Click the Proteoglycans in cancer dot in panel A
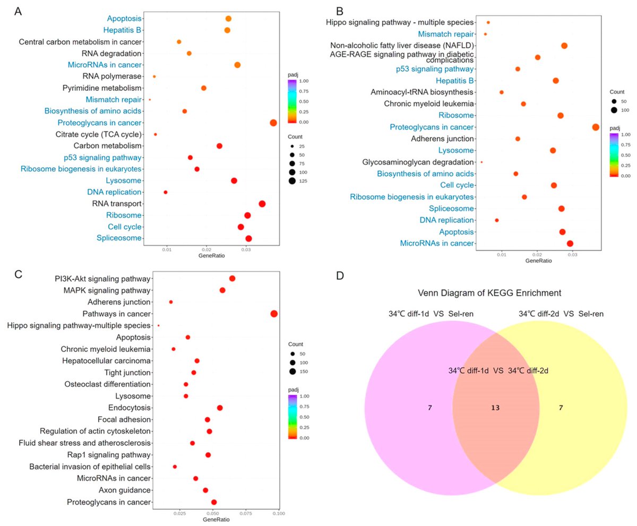[273, 123]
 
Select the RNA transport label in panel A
[116, 204]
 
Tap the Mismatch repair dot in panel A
[150, 100]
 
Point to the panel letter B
[340, 11]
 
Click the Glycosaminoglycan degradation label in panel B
[418, 162]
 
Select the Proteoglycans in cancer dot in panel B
[596, 127]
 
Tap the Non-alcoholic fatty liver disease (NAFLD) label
[402, 45]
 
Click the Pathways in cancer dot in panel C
[274, 314]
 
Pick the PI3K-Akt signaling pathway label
[102, 279]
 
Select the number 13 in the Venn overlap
[495, 408]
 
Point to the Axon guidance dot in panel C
[205, 490]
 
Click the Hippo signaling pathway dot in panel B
[488, 22]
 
